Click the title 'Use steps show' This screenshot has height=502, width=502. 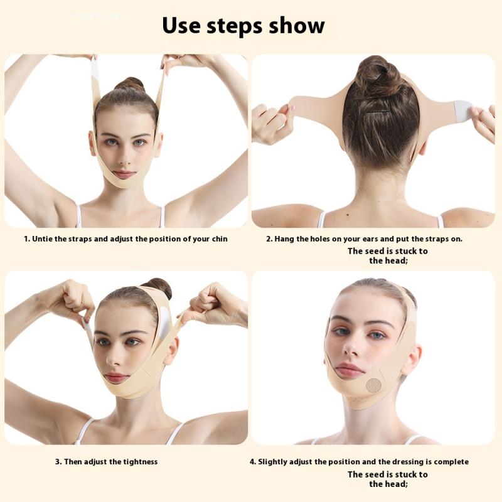[243, 26]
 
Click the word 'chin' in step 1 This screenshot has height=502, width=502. [218, 239]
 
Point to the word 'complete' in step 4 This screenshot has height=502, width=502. [448, 462]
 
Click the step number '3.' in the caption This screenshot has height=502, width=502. [59, 462]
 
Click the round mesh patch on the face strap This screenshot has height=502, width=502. [374, 385]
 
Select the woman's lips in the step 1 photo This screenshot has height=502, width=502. [124, 174]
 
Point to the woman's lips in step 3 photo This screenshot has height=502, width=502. [116, 378]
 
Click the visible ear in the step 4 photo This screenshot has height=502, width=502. [411, 359]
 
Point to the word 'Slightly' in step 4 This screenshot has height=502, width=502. [275, 462]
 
